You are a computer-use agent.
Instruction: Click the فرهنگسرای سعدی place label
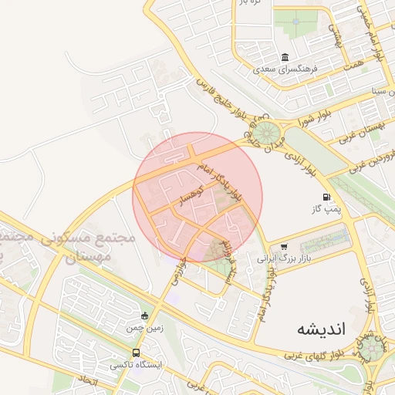point(286,69)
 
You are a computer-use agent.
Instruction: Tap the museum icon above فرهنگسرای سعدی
point(285,58)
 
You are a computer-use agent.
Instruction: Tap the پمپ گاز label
point(326,209)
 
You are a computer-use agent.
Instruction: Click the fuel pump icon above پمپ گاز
point(327,197)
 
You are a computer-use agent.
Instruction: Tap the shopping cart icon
point(284,247)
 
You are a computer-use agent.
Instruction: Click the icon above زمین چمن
point(144,316)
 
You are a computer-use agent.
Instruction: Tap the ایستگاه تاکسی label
point(137,365)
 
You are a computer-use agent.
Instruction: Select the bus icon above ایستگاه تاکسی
point(137,353)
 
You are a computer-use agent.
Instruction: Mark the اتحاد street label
point(86,380)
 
